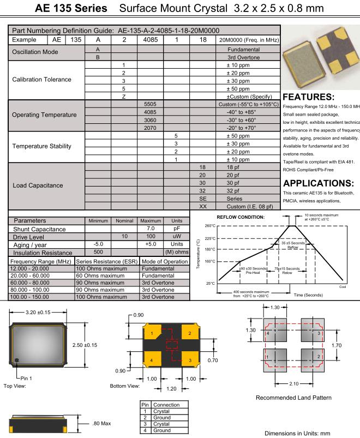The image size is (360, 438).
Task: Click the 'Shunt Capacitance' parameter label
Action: (39, 229)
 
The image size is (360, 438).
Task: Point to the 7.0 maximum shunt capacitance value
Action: (151, 229)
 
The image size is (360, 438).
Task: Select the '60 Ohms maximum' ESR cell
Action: (107, 276)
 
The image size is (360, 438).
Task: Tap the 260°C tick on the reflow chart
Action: (211, 226)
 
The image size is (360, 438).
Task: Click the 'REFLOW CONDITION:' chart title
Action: (241, 217)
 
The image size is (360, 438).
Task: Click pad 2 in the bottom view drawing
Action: (190, 333)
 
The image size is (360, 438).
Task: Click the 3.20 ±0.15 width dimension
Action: (38, 313)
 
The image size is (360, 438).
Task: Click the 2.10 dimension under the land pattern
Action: (293, 384)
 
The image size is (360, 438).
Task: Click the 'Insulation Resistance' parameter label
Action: (43, 253)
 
